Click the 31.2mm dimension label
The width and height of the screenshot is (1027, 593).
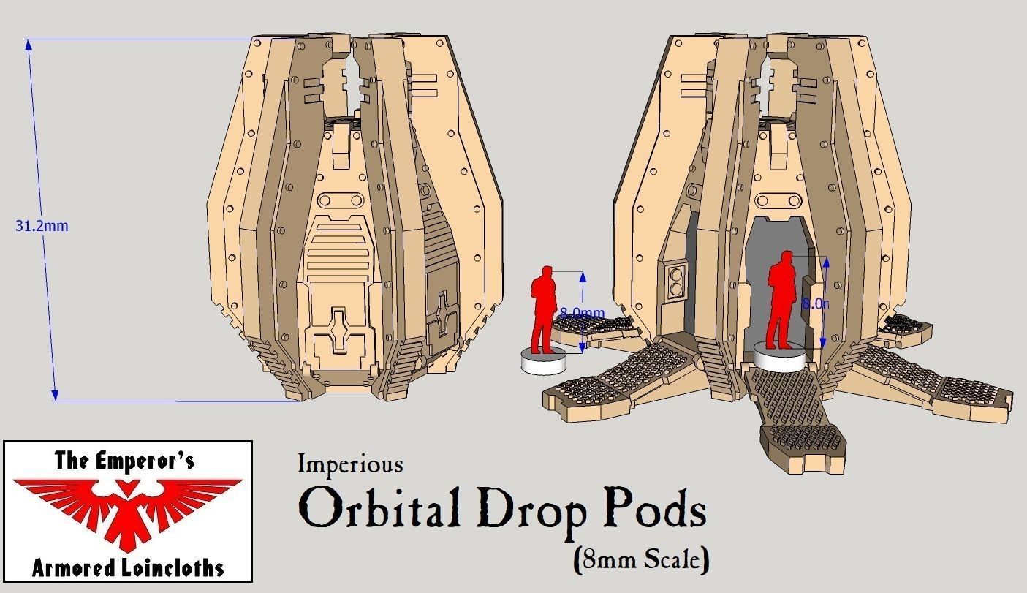(x=42, y=226)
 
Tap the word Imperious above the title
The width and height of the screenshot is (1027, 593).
(x=350, y=464)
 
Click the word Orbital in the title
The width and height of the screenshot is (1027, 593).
(x=380, y=510)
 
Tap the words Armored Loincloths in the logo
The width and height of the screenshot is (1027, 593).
(x=128, y=567)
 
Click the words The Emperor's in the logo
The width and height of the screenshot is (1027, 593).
(x=124, y=461)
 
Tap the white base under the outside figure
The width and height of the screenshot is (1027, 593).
(x=544, y=361)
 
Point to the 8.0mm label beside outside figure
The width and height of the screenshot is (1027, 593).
(x=582, y=313)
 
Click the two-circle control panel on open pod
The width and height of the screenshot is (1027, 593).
(x=676, y=282)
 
